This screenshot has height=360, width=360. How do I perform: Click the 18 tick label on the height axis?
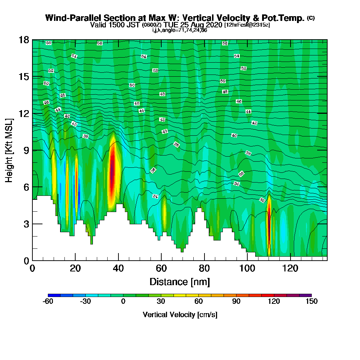click(x=23, y=40)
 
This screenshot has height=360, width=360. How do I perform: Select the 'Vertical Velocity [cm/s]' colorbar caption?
click(x=180, y=315)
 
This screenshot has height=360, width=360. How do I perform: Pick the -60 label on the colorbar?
click(x=48, y=302)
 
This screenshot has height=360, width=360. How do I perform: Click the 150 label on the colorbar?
click(x=311, y=302)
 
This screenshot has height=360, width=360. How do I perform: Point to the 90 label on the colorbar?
click(x=236, y=302)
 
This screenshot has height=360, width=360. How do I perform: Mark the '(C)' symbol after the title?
click(x=310, y=18)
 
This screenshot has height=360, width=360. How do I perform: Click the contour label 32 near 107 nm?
click(x=262, y=200)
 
